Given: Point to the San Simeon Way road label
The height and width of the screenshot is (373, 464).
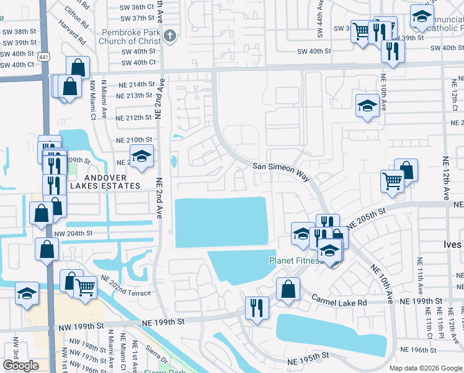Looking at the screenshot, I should click(x=281, y=172).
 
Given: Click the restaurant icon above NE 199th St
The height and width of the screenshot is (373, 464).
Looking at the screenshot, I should click(x=256, y=306).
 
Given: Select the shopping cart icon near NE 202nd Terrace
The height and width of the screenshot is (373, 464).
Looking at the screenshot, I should click(x=85, y=287).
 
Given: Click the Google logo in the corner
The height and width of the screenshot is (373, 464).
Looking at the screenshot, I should click(x=20, y=365).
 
